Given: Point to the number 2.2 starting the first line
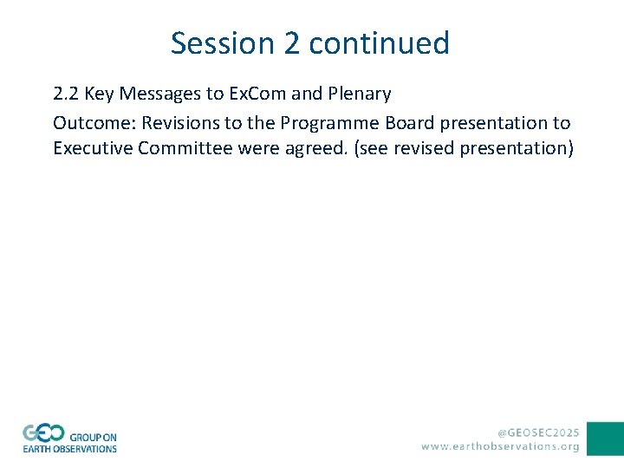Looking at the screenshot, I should tap(67, 94).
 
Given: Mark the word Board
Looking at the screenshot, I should tap(411, 121).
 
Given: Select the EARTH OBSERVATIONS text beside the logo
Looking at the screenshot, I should tap(69, 449).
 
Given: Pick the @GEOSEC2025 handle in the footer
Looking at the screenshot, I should tap(537, 431).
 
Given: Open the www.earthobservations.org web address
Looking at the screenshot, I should tap(500, 446).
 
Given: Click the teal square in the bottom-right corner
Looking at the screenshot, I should tap(605, 439).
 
